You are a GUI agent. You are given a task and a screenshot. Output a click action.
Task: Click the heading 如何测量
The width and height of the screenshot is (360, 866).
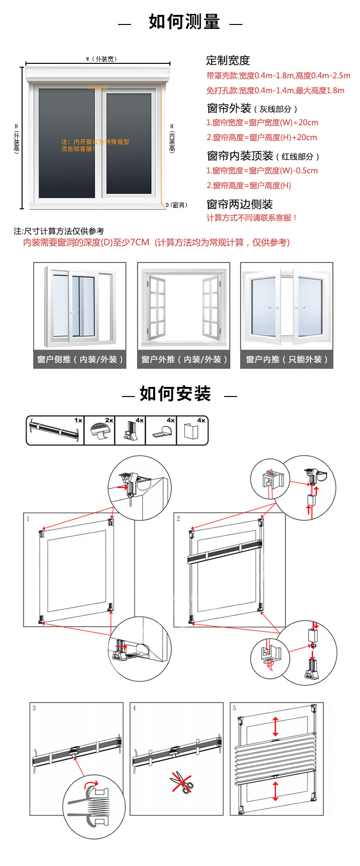184,22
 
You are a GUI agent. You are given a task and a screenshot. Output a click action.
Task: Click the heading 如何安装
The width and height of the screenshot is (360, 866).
175,394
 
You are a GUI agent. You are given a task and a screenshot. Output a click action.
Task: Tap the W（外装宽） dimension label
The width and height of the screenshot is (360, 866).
101,59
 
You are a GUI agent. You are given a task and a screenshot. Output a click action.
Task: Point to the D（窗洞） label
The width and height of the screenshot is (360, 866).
176,205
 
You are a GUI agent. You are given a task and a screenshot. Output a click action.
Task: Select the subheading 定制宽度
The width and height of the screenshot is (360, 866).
228,60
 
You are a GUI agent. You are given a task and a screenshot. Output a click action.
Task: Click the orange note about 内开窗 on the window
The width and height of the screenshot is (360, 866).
95,145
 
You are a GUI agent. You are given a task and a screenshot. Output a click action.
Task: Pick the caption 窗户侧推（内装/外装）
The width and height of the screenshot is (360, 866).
80,359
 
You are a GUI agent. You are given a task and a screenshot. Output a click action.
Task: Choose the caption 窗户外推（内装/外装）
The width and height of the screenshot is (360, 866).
184,359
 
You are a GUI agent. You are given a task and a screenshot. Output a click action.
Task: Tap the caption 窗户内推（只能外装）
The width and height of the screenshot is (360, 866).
287,359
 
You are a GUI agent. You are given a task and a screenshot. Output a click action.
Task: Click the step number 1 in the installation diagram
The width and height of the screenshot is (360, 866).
28,519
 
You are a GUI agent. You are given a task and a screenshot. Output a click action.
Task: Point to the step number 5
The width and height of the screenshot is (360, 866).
234,708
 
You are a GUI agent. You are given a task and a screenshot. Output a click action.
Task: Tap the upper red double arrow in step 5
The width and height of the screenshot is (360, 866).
275,726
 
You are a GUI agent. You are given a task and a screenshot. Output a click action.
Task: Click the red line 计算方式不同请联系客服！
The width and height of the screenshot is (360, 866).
252,218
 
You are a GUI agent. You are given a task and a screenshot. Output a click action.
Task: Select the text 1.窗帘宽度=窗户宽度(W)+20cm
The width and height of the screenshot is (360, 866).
262,123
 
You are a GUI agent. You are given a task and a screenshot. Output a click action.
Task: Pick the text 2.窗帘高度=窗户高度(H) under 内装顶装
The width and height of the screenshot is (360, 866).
249,186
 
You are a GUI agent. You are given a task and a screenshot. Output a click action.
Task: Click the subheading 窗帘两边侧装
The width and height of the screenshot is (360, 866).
240,204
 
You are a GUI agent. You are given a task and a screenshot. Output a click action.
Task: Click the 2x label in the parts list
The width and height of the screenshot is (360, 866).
109,420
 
